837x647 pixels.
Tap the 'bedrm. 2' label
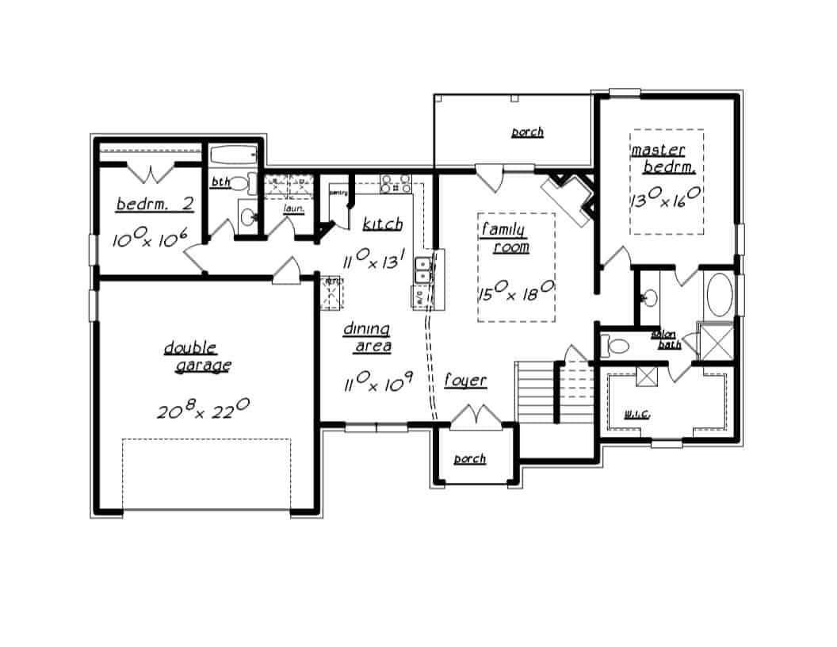[x=155, y=204]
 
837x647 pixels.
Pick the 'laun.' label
[x=295, y=209]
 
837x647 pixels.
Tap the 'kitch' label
[x=382, y=224]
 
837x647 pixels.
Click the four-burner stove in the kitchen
[x=396, y=183]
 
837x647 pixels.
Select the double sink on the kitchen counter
[x=425, y=270]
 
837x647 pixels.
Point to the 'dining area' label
[x=367, y=337]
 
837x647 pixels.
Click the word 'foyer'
[x=464, y=381]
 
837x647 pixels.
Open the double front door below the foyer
[x=478, y=417]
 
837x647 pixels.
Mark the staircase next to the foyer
[x=536, y=392]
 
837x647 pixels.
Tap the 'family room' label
[x=505, y=238]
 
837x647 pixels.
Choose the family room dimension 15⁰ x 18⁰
[x=515, y=293]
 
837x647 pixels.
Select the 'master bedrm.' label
[x=663, y=159]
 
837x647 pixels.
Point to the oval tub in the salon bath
[x=720, y=294]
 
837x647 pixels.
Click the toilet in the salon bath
[x=615, y=346]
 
